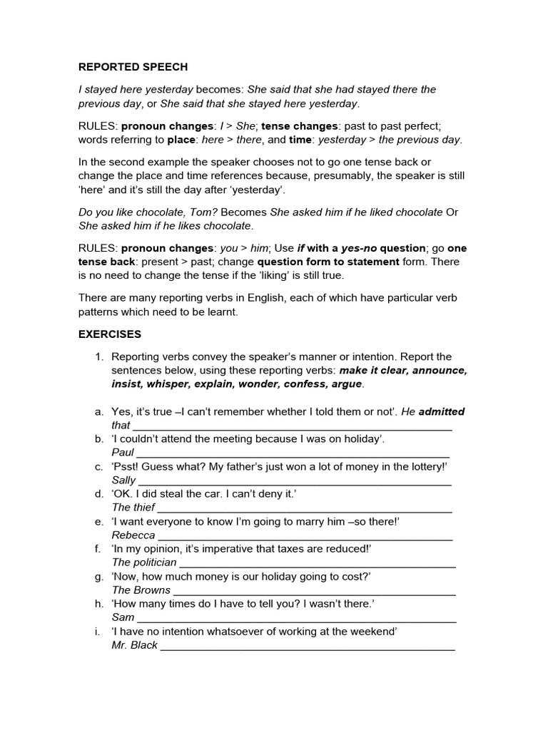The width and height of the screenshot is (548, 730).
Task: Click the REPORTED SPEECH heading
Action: coord(133,67)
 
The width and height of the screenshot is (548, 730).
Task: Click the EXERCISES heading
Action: coord(110,334)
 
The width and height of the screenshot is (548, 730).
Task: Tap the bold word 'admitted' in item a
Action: coord(441,411)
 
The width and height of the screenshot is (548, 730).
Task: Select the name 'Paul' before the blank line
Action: coord(123,453)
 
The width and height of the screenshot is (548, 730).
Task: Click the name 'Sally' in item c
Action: coord(123,480)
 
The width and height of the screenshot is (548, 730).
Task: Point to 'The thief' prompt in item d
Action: coord(132,508)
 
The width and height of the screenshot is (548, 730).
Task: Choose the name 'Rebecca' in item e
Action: coord(133,535)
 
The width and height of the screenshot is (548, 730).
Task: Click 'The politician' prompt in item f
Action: coord(144,562)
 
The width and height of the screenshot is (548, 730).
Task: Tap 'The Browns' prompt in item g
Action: coord(141,590)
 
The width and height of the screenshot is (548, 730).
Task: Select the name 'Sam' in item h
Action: coord(123,617)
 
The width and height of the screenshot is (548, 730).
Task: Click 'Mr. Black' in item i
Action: coord(135,645)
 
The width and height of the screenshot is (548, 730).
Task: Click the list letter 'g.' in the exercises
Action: coord(99,576)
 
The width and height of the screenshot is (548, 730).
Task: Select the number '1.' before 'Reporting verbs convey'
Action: coord(99,356)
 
